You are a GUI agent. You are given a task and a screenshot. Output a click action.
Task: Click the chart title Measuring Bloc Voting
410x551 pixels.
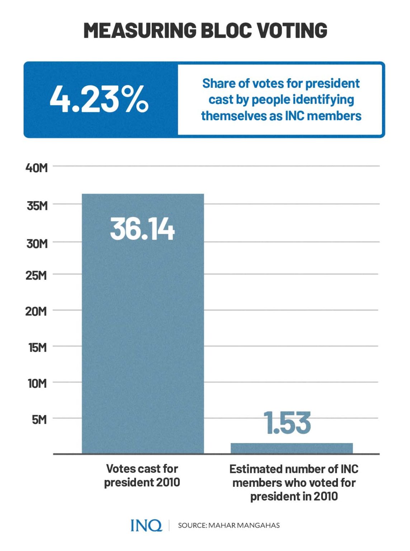(205, 30)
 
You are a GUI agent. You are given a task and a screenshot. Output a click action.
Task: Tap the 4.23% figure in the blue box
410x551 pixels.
(99, 99)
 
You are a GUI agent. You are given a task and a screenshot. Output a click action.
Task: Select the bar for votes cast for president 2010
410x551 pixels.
(143, 323)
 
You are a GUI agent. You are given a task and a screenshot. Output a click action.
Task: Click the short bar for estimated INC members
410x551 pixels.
(291, 448)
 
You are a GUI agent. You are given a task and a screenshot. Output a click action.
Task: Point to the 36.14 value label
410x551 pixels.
(142, 229)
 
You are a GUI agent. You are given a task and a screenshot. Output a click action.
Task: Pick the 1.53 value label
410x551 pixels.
(287, 423)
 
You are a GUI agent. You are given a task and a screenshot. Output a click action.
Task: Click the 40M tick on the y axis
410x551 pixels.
(36, 168)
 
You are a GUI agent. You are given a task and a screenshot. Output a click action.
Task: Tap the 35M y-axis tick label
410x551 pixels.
(37, 206)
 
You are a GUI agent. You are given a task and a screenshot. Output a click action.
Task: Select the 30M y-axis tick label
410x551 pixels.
(37, 244)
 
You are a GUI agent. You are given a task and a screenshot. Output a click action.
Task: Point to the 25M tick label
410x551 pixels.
(36, 275)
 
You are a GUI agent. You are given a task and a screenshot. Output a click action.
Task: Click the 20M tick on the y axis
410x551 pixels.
(36, 311)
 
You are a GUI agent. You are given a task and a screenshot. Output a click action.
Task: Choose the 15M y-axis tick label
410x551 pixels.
(37, 347)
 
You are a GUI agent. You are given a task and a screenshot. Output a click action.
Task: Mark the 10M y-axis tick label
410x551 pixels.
(37, 383)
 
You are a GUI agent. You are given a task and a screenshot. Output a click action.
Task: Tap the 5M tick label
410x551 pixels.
(39, 419)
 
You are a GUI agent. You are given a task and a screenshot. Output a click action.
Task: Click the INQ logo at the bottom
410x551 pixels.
(146, 525)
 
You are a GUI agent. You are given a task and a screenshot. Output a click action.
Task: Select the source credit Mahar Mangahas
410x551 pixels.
(228, 525)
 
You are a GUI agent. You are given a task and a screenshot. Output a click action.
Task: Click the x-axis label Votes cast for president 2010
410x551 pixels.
(142, 475)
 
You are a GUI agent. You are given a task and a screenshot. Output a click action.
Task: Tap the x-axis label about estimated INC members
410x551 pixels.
(294, 482)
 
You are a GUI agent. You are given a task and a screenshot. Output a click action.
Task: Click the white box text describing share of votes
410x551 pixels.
(281, 99)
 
